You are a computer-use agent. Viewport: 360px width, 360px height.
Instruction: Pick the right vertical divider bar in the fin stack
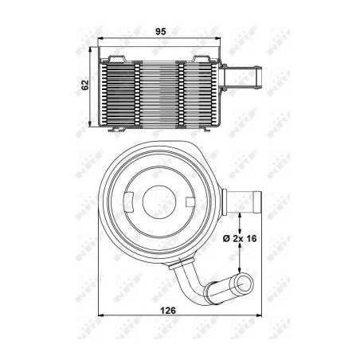(184, 91)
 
